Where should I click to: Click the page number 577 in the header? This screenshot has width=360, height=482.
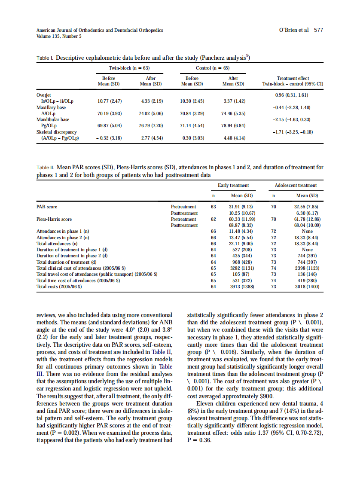click(318, 30)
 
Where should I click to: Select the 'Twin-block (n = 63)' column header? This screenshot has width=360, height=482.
click(129, 68)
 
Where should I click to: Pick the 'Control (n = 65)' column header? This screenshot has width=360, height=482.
click(213, 68)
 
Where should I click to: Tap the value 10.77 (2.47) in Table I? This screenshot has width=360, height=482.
click(110, 101)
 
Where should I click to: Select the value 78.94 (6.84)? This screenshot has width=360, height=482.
click(233, 125)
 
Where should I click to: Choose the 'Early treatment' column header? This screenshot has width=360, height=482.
click(233, 185)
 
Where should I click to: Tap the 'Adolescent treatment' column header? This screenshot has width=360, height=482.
click(296, 185)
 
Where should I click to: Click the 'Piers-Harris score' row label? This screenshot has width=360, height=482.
click(54, 219)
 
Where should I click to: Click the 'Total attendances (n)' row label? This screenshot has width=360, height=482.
click(59, 244)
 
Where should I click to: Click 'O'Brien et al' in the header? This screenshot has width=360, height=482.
click(294, 30)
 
